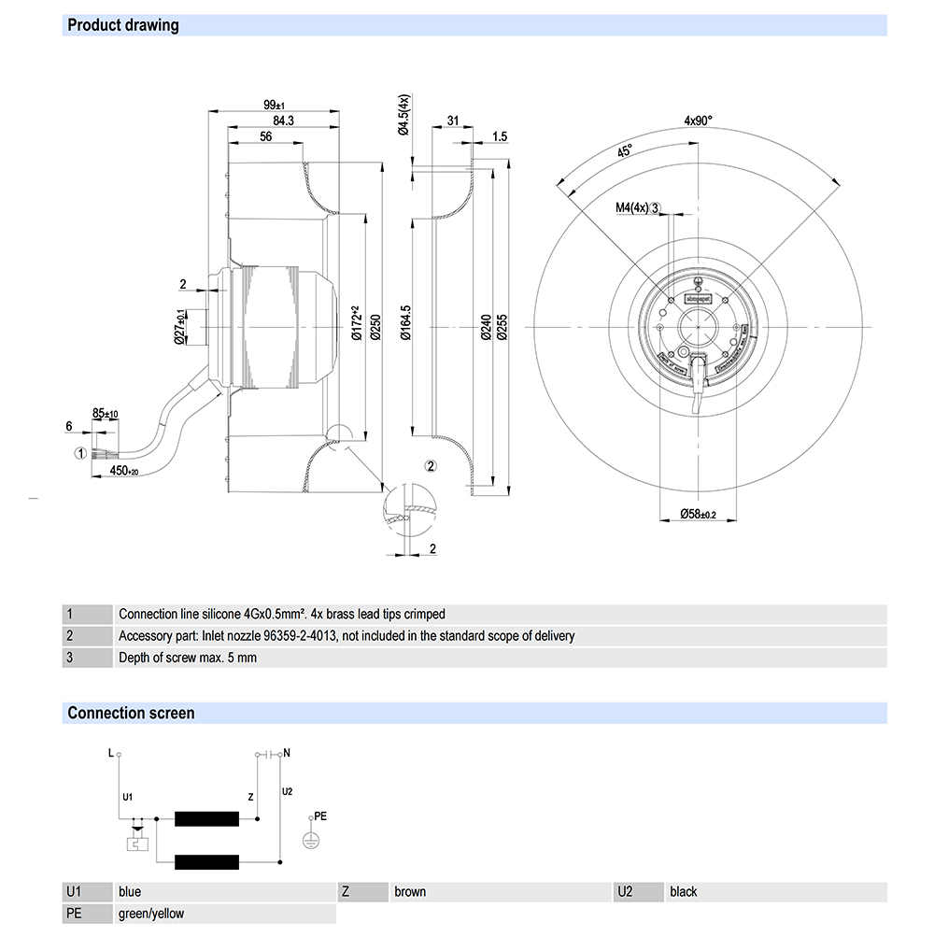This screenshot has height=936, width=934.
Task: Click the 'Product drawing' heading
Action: click(122, 25)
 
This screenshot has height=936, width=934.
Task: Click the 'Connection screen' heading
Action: click(131, 713)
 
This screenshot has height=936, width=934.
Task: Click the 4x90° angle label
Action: click(697, 120)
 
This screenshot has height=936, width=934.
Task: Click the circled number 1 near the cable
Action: click(81, 453)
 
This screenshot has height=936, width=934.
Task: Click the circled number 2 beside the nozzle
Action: click(430, 465)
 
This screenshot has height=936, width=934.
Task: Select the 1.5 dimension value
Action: click(499, 136)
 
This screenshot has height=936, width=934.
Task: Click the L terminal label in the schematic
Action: click(111, 752)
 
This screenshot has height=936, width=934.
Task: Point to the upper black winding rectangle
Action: click(206, 819)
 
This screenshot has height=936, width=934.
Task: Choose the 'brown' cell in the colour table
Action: click(410, 892)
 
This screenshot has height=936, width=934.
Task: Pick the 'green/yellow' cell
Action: click(151, 914)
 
